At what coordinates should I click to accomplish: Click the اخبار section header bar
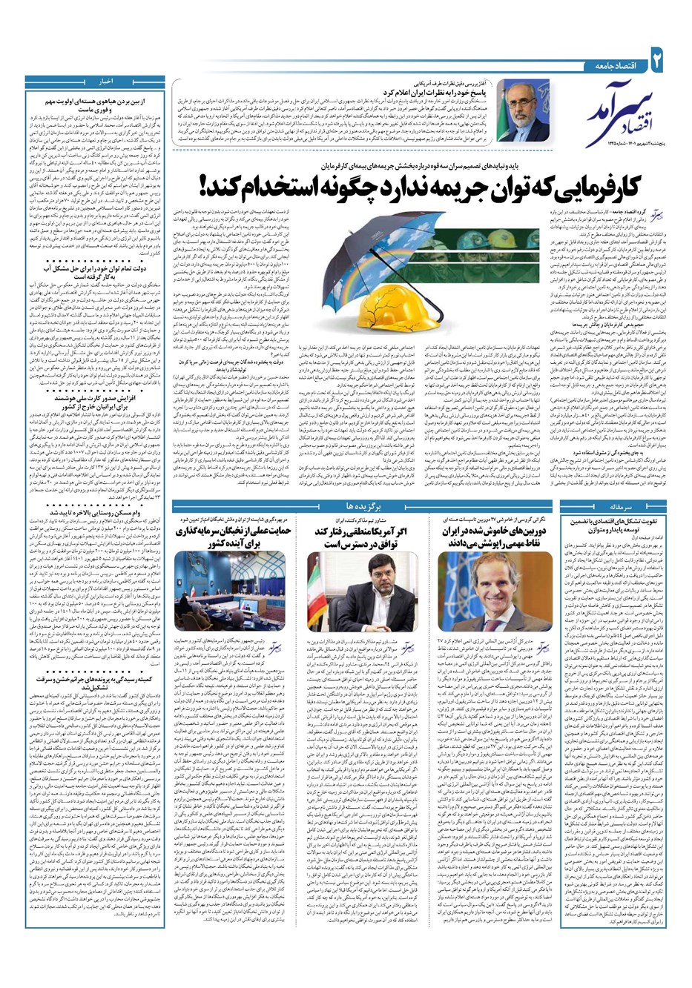pyautogui.click(x=96, y=79)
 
